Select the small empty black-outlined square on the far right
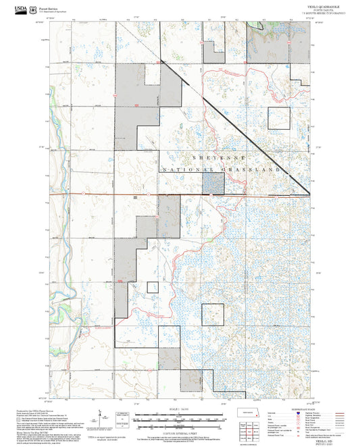coord(278,118)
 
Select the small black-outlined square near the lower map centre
coord(213,315)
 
